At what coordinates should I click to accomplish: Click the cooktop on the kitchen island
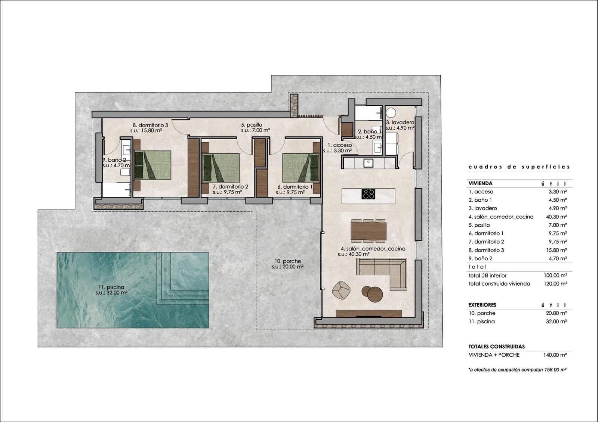click(368, 194)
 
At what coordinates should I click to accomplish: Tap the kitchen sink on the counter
click(368, 163)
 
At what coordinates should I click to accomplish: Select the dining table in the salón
click(368, 231)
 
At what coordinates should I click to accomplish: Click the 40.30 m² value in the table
click(556, 217)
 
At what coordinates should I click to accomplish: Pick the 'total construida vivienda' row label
click(499, 284)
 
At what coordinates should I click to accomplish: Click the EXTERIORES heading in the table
click(482, 305)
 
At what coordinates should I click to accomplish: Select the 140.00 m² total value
click(555, 355)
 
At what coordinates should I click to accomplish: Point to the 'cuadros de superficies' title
click(519, 167)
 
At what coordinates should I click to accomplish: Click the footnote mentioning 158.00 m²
click(517, 370)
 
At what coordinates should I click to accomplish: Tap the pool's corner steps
click(183, 278)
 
